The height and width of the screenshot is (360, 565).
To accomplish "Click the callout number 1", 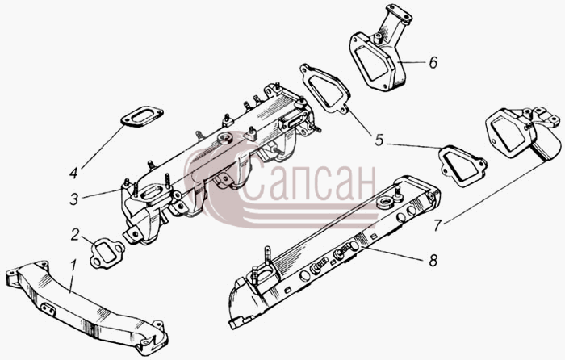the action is click(x=73, y=267).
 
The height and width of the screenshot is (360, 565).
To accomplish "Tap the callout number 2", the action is click(x=74, y=235).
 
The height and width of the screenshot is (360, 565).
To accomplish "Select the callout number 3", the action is click(x=74, y=199).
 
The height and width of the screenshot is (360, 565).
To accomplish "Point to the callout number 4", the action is click(x=74, y=173).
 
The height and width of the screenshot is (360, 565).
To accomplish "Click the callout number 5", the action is click(x=379, y=140).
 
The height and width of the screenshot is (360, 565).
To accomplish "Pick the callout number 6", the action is click(x=433, y=62).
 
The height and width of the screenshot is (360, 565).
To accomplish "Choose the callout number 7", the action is click(x=437, y=225).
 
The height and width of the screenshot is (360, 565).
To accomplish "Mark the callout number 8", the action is click(x=433, y=260).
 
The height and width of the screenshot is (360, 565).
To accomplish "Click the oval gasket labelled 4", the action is click(x=141, y=116).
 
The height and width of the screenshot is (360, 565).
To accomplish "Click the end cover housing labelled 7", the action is click(x=523, y=134).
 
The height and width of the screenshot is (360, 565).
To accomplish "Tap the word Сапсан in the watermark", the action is click(x=309, y=183).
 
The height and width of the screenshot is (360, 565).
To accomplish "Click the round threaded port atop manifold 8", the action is click(x=384, y=203).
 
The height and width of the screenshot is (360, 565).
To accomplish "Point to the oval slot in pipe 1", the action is click(x=48, y=309).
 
